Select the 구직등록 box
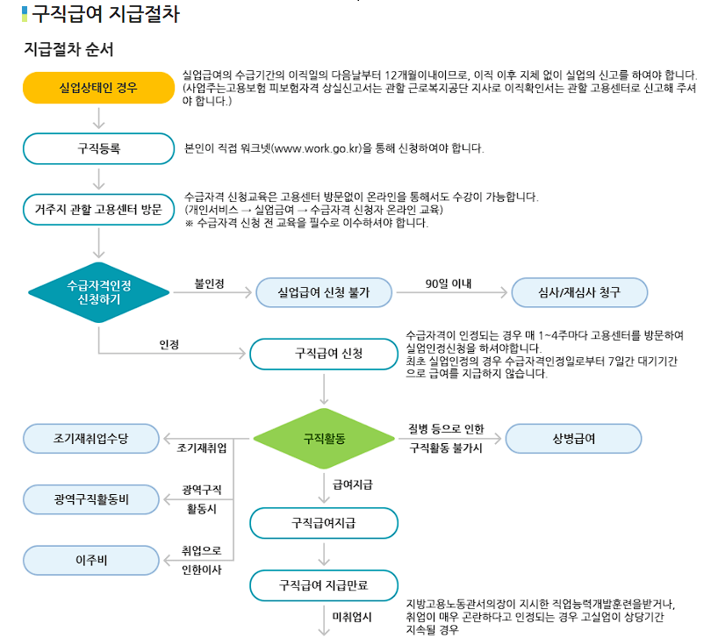[98, 148]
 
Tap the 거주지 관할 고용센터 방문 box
[98, 210]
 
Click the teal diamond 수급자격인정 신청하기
[98, 292]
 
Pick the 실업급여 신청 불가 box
[323, 292]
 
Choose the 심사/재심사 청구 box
[578, 292]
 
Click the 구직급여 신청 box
[323, 354]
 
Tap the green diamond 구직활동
[324, 437]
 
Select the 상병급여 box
[573, 437]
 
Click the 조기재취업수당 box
[90, 437]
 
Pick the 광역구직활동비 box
[90, 498]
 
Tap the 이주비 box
[90, 559]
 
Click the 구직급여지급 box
[323, 523]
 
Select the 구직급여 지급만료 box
[323, 584]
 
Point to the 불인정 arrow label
[210, 283]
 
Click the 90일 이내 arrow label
[448, 283]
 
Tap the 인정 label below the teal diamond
[169, 344]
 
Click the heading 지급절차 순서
[68, 49]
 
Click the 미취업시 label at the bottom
[351, 618]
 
